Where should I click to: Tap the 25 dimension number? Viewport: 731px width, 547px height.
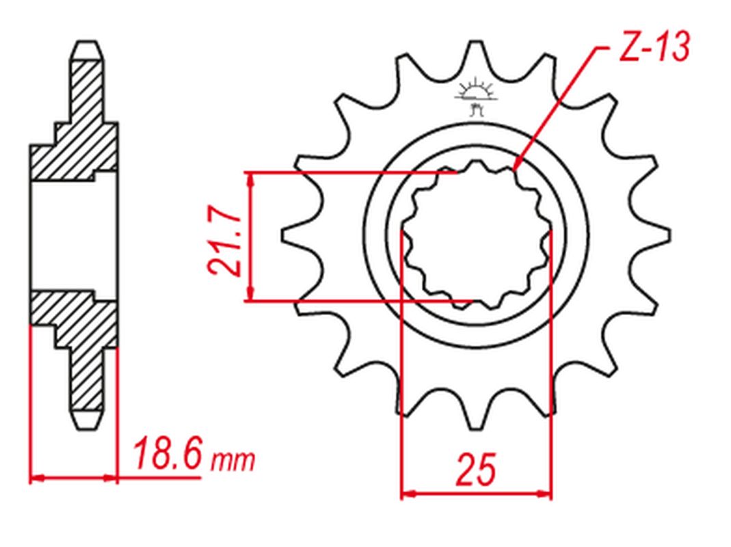tap(476, 469)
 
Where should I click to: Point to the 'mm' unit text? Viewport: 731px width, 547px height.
tap(233, 461)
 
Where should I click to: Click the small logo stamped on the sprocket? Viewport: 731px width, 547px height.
tap(475, 96)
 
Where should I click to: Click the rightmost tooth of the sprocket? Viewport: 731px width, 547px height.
tap(652, 236)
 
